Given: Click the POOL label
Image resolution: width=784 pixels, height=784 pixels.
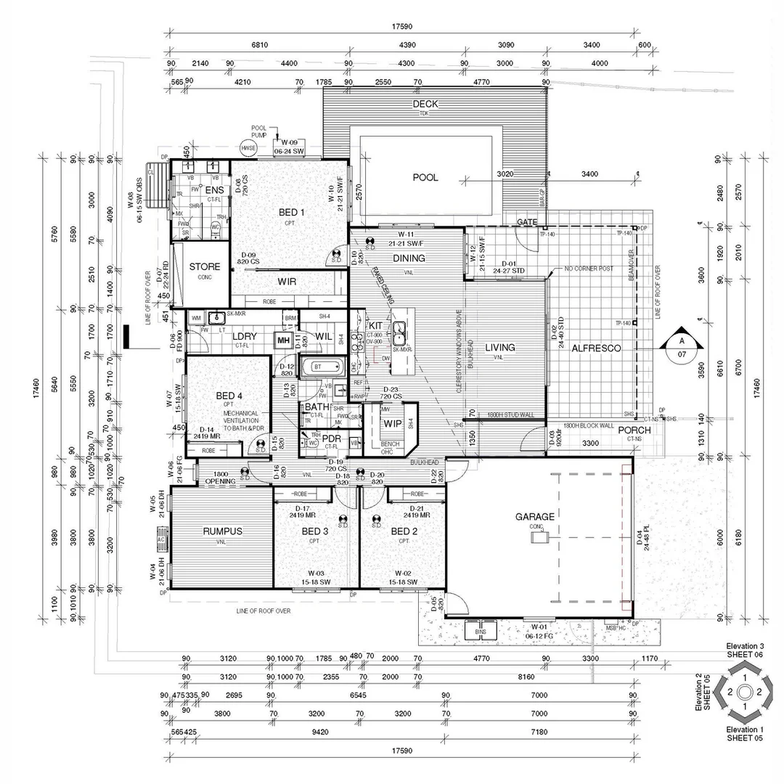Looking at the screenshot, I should (x=425, y=177).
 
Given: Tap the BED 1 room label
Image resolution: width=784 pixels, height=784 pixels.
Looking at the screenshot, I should (x=292, y=213).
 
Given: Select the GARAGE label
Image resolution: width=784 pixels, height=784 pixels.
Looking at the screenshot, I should (x=535, y=517).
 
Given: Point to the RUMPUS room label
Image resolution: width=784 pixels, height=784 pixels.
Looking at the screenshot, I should (x=222, y=531).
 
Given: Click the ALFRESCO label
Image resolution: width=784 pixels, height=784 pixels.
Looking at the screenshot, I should (x=596, y=348).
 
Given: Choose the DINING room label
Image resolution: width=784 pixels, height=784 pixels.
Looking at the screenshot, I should (x=409, y=258).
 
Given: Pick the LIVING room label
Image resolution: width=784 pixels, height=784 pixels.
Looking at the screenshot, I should (x=500, y=348).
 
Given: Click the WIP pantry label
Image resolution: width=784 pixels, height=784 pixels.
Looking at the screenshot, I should (x=393, y=423).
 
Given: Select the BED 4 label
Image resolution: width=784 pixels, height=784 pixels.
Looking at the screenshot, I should (x=230, y=396).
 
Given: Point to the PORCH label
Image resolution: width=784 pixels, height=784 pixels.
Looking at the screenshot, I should (x=634, y=430).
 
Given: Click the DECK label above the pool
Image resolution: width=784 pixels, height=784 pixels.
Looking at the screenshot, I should (x=425, y=105).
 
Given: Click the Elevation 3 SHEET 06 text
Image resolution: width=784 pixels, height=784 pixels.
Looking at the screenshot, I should (x=746, y=650).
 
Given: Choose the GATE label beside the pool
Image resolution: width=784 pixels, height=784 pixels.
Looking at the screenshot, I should (x=526, y=221).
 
